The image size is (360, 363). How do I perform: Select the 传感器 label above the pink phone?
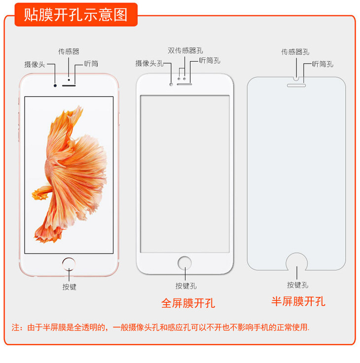tap(69, 51)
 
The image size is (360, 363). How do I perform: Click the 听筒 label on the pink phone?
tap(91, 64)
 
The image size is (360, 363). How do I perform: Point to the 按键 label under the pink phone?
tap(69, 287)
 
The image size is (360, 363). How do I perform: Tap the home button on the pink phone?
tap(69, 262)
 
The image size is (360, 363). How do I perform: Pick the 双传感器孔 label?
tap(185, 50)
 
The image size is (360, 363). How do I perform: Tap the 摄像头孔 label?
tap(150, 63)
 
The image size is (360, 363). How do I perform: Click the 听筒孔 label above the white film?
tap(210, 61)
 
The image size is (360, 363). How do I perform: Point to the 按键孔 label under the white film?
tap(186, 286)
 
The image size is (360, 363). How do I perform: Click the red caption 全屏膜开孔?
tap(188, 303)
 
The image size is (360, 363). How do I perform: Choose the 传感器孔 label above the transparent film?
tap(295, 51)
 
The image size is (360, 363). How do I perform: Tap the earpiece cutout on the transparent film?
tap(296, 85)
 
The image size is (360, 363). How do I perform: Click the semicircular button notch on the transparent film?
tap(296, 261)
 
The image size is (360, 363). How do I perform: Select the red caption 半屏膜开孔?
tap(298, 301)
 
